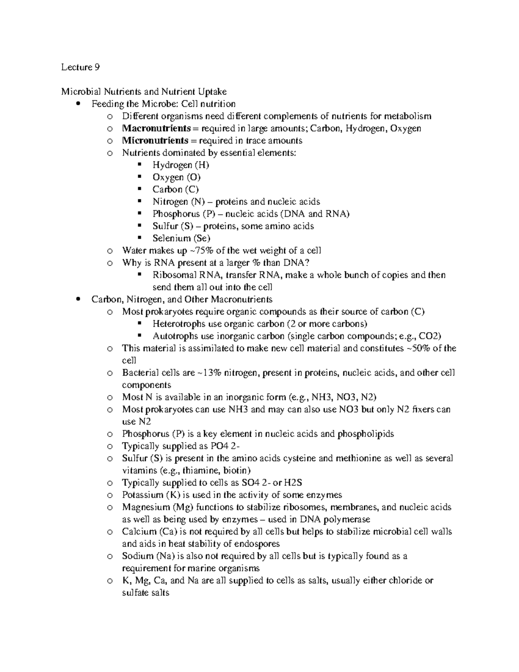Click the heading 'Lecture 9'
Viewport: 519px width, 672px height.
click(80, 67)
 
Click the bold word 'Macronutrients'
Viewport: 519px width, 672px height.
click(156, 129)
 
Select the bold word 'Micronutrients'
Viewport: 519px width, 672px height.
click(155, 141)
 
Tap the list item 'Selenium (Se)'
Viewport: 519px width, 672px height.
click(181, 238)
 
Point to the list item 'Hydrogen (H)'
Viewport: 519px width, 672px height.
click(181, 165)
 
